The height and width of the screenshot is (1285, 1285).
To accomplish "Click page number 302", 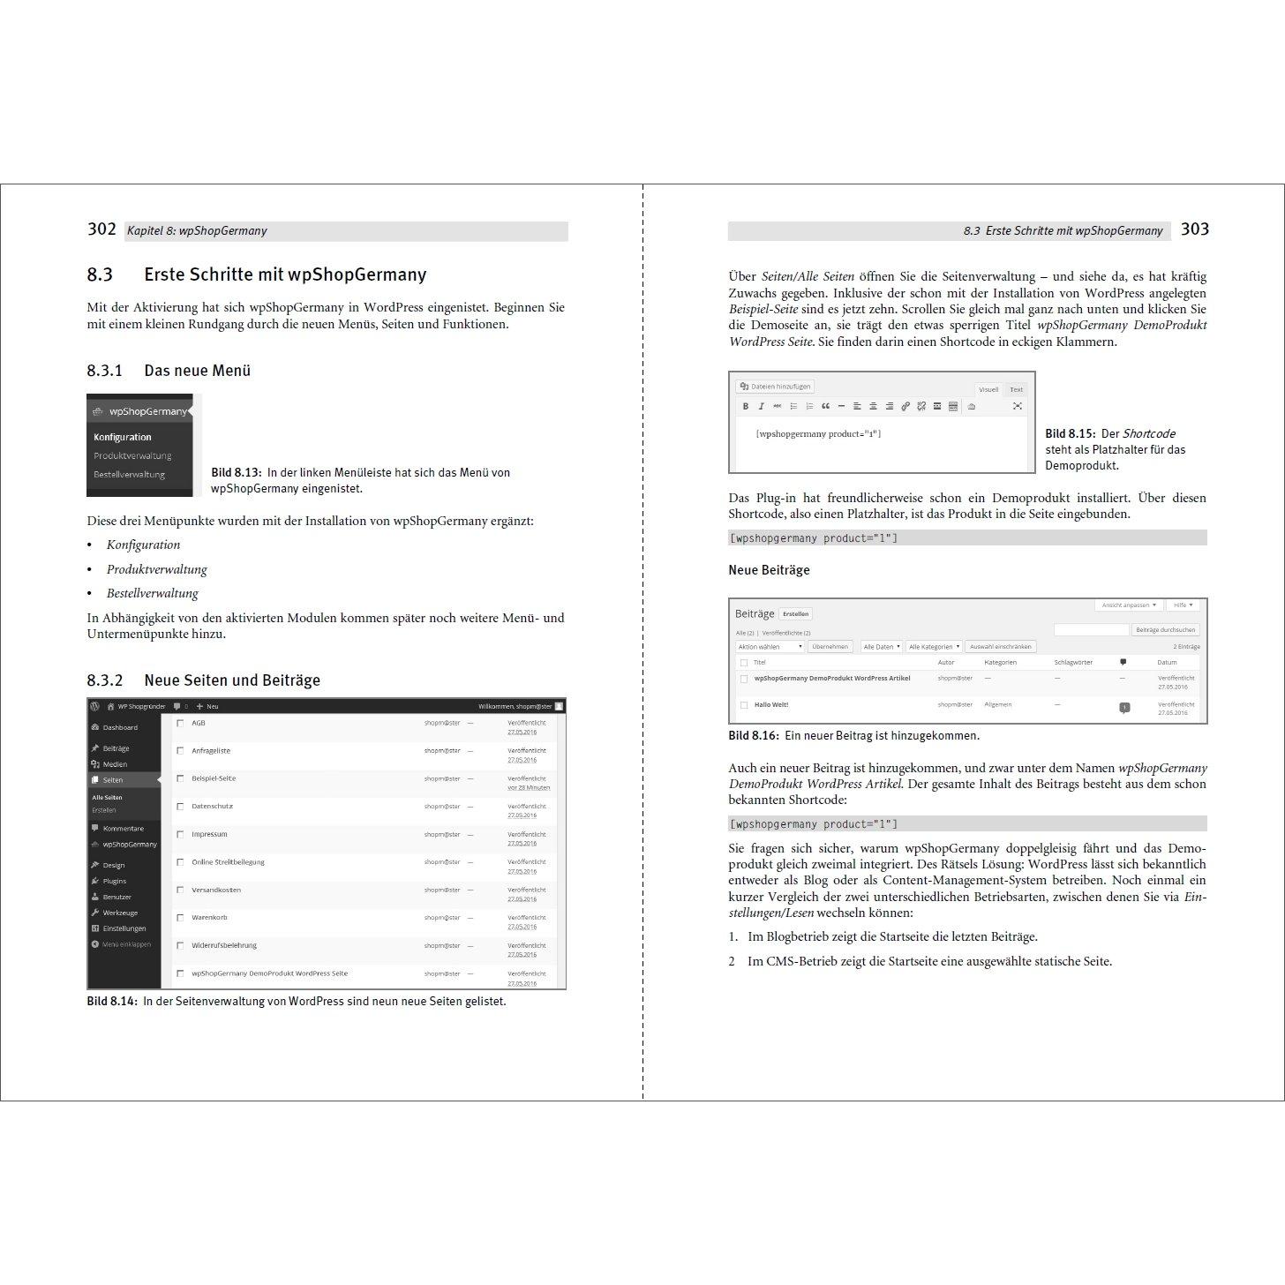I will (101, 229).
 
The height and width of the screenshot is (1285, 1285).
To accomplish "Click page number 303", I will (1194, 229).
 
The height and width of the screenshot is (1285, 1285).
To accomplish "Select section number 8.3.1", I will (104, 371).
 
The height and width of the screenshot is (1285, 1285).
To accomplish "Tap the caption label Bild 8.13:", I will (236, 473).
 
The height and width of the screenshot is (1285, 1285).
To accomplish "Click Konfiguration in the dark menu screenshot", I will (123, 437).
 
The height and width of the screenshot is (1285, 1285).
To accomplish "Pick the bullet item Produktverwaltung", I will (156, 569).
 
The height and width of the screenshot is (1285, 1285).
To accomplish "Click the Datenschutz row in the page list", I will (212, 806).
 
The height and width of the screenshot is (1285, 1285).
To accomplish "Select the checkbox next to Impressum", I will (180, 834).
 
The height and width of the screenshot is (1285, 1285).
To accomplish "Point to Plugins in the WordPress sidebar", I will (114, 881).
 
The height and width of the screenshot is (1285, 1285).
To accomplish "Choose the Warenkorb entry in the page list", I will (209, 918).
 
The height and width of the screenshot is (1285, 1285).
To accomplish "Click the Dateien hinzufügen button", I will (775, 387).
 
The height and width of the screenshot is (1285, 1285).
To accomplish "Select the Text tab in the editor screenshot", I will (1016, 389).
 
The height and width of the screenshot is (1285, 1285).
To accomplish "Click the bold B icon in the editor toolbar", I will (745, 406).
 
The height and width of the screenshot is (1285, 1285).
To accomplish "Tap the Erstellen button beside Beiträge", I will (796, 614).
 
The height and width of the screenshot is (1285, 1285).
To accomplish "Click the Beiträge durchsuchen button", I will (1165, 630).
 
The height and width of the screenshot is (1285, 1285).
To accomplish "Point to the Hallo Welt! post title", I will (770, 705).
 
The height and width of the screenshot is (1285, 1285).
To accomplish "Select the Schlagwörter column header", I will (1072, 662).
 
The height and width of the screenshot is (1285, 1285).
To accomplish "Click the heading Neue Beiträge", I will (768, 570).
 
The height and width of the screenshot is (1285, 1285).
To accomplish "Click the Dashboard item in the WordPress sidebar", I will (119, 727).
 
